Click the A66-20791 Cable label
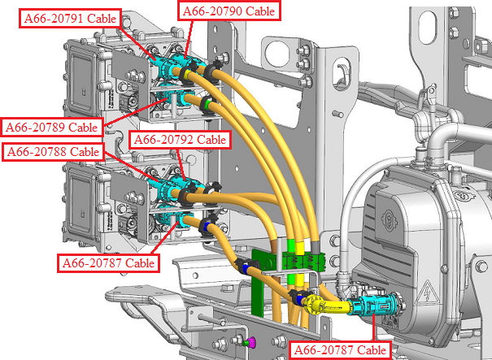pyautogui.click(x=70, y=19)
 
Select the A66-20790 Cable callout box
pyautogui.click(x=229, y=11)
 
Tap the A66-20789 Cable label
pyautogui.click(x=52, y=127)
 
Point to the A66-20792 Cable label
pyautogui.click(x=180, y=140)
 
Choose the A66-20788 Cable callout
pyautogui.click(x=53, y=152)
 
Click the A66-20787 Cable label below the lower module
pyautogui.click(x=109, y=262)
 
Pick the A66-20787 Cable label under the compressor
pyautogui.click(x=340, y=349)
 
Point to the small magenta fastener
pyautogui.click(x=251, y=342)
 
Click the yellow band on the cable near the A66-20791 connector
pyautogui.click(x=187, y=75)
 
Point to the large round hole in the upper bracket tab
pyautogui.click(x=277, y=53)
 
